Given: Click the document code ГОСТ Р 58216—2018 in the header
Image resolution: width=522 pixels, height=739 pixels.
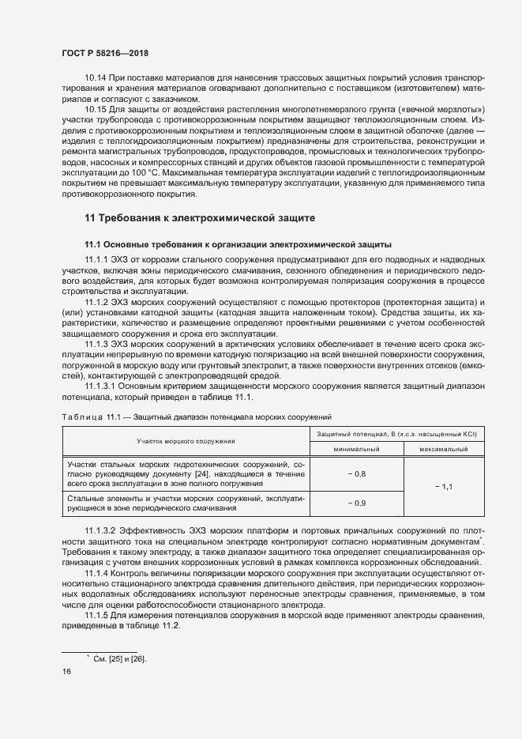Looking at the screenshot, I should tap(105, 52).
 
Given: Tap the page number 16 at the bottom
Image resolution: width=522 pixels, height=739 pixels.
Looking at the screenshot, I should tap(66, 671).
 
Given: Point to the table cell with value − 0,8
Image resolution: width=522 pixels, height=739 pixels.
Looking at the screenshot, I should tap(357, 473).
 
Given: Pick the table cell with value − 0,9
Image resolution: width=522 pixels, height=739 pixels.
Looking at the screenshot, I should tap(357, 503).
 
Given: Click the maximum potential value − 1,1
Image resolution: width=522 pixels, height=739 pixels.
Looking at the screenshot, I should tap(443, 487).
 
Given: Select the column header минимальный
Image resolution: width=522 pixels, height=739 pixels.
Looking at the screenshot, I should tap(357, 448).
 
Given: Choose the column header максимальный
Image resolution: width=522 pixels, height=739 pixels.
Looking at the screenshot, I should tap(443, 448).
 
